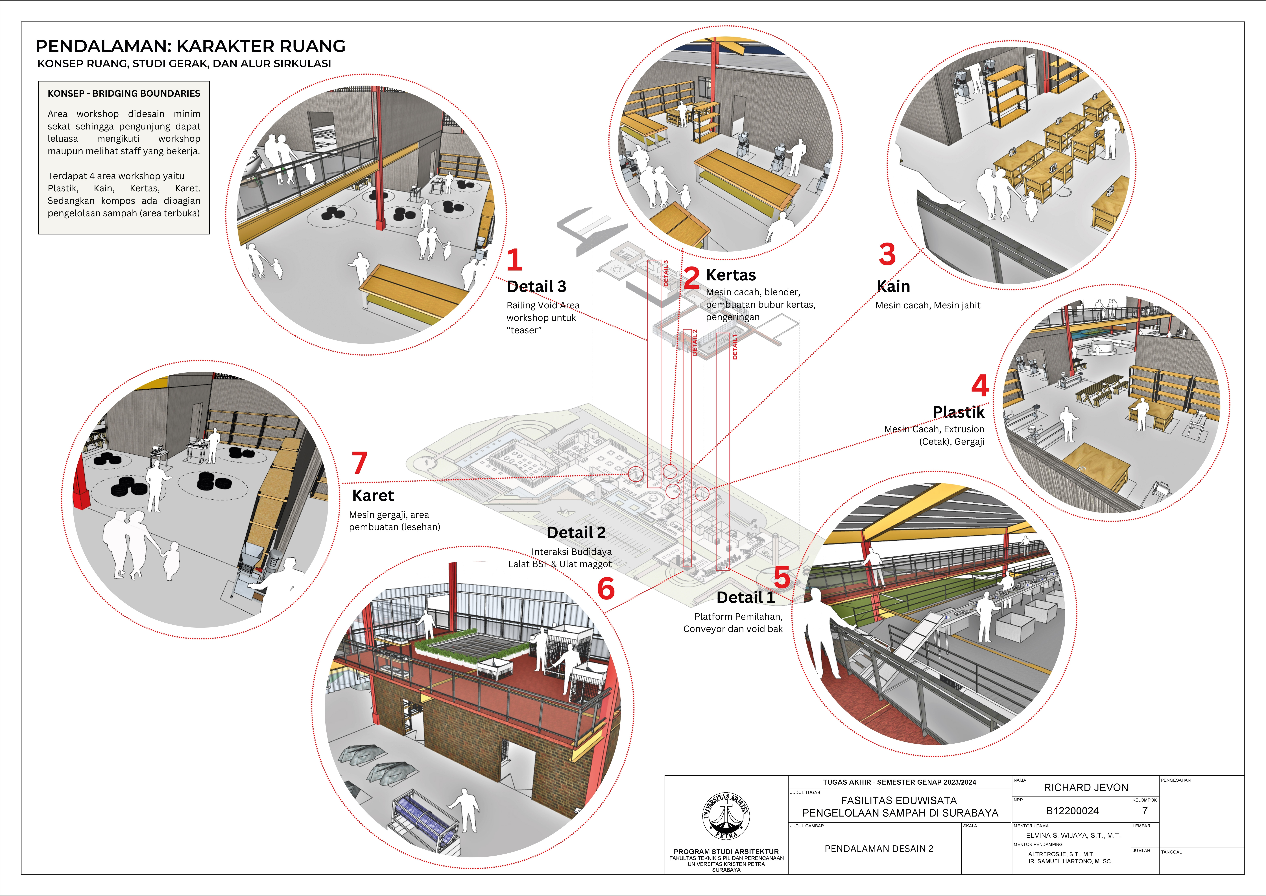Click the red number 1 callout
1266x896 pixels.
pos(514,260)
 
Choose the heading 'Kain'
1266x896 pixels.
pos(893,286)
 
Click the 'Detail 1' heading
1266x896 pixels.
pos(745,598)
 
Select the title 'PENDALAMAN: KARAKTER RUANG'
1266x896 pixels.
pos(190,46)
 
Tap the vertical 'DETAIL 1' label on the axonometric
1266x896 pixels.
pos(734,347)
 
